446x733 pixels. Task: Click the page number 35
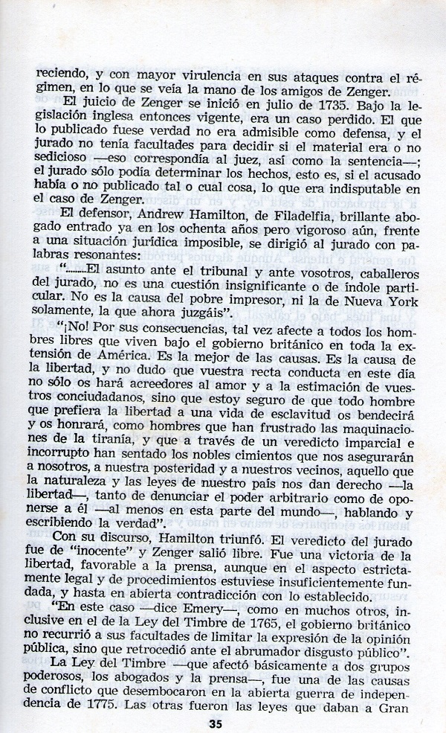pos(216,723)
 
